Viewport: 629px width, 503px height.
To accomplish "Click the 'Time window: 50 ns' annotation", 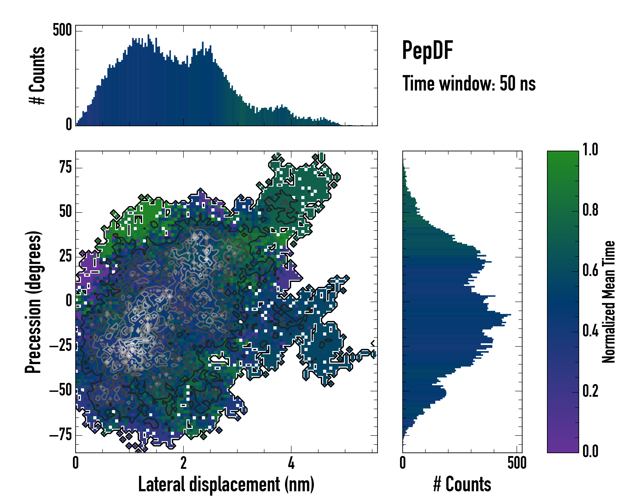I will [x=469, y=84].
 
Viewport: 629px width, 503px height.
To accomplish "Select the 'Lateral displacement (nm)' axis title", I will [x=226, y=484].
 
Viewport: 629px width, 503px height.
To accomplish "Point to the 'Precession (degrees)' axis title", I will [x=33, y=302].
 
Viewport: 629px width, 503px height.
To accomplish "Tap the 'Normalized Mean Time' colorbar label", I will [x=609, y=302].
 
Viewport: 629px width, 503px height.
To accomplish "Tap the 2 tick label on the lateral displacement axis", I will [x=183, y=463].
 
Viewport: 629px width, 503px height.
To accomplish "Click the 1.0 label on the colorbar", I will [x=590, y=150].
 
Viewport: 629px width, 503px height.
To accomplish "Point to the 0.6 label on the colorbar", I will [x=590, y=270].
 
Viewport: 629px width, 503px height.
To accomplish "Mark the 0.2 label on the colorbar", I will [x=590, y=391].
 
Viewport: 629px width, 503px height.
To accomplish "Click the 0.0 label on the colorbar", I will [x=590, y=451].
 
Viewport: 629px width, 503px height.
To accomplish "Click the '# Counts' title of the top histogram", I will [x=37, y=75].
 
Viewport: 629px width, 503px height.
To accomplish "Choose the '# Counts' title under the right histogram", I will [x=462, y=484].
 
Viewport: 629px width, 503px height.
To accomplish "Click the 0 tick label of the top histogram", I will [x=69, y=124].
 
